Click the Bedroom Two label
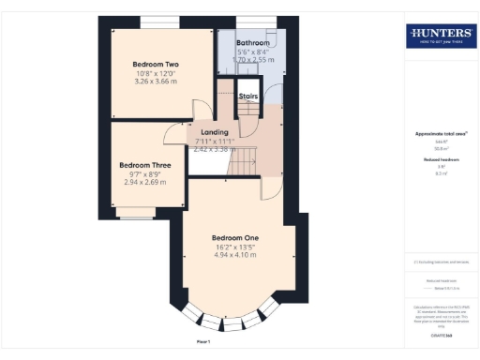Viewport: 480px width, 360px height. click(x=157, y=64)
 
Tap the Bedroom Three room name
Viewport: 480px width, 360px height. click(x=144, y=165)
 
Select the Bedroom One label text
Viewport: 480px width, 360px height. click(x=235, y=238)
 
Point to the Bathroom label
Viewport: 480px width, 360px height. click(x=252, y=43)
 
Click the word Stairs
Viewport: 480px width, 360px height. click(x=248, y=96)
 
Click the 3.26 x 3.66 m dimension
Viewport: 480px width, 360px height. click(x=157, y=82)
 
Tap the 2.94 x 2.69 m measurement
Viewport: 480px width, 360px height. click(x=144, y=182)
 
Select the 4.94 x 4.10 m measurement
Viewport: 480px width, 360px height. click(x=235, y=255)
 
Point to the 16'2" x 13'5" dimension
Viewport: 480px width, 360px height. click(x=235, y=247)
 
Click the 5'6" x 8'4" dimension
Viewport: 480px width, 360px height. click(x=252, y=52)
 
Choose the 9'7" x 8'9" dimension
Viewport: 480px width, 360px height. click(x=144, y=173)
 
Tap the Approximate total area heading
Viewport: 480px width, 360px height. click(x=440, y=134)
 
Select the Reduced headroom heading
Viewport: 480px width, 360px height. click(x=439, y=160)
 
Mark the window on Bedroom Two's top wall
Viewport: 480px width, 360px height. click(x=155, y=21)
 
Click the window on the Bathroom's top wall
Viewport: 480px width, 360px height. click(x=251, y=21)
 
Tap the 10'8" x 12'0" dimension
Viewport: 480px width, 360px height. click(x=157, y=73)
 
